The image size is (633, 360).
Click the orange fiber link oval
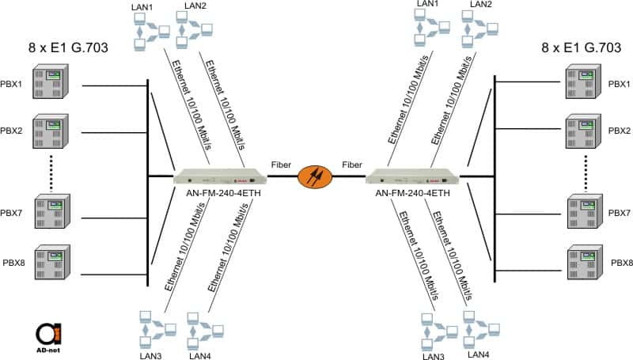(316, 176)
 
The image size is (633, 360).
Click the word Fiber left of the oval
(280, 165)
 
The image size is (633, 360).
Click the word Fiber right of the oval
(352, 165)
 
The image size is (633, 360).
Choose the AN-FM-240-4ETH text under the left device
(218, 192)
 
